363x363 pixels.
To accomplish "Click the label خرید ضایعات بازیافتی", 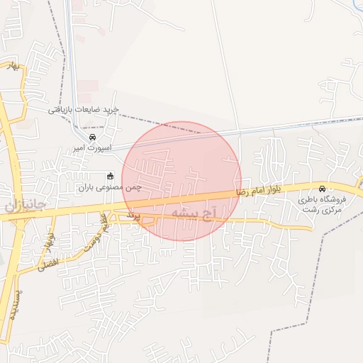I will [84, 110].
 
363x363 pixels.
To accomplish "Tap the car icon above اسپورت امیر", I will [92, 137].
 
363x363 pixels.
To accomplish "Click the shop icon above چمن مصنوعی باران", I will [109, 176].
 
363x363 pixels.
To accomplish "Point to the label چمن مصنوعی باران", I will [110, 188].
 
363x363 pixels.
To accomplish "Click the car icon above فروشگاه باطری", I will [323, 189].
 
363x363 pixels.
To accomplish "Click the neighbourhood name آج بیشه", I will [193, 213].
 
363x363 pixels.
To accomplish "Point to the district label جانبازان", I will [26, 206].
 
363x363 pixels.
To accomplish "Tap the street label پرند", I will [134, 213].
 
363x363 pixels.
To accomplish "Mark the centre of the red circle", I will [181, 181].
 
